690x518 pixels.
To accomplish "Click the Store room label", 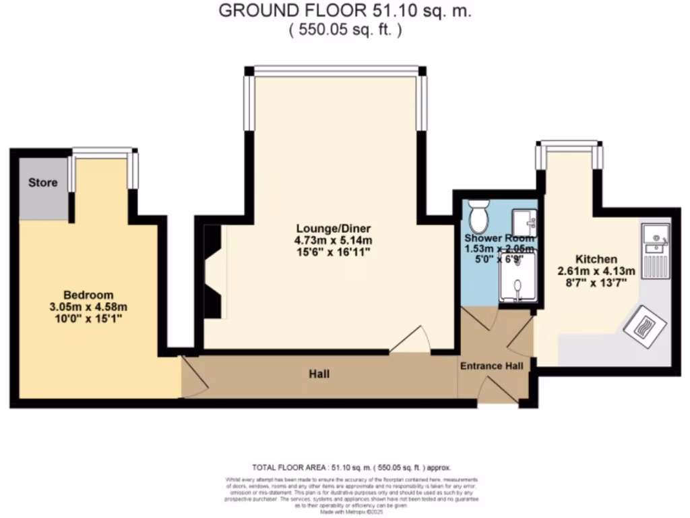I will tap(42, 183).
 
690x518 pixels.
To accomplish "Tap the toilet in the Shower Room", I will tap(480, 217).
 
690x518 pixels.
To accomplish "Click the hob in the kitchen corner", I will tap(644, 326).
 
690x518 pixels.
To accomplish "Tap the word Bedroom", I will tap(88, 295).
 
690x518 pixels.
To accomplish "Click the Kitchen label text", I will tap(596, 259).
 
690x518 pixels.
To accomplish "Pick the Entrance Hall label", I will tap(491, 366).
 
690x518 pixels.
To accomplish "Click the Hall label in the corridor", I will tap(319, 373).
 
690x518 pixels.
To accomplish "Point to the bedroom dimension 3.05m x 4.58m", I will tap(88, 306).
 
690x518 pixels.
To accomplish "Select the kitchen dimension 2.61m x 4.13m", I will tap(596, 271).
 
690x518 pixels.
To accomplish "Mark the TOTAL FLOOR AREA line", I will tap(350, 467).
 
